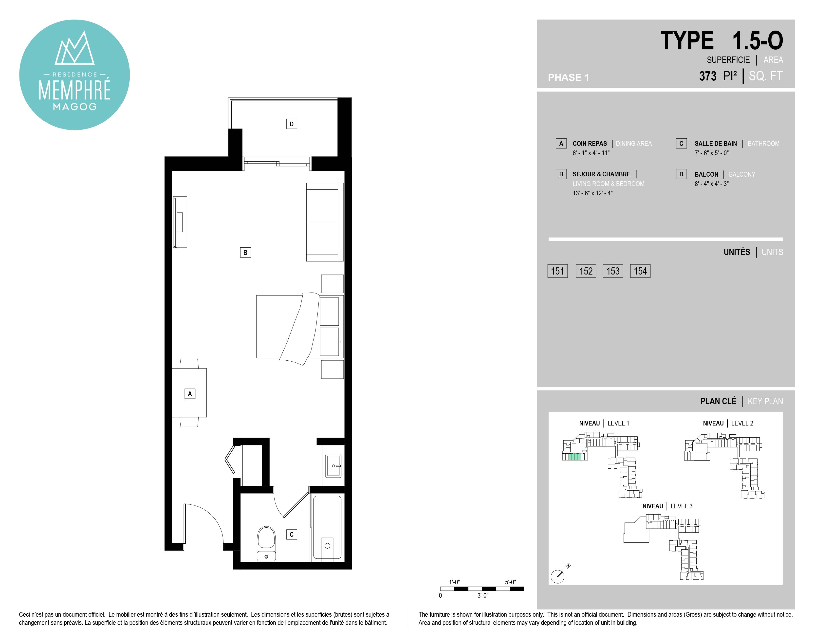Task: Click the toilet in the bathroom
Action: (x=266, y=543)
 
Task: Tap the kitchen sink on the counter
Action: (x=333, y=465)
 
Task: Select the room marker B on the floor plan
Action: (x=245, y=253)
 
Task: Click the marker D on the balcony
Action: (x=292, y=124)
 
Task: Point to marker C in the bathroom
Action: (x=292, y=534)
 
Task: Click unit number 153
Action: (x=613, y=271)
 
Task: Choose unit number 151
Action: (x=557, y=271)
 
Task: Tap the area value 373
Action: (x=708, y=76)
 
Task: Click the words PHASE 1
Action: (x=568, y=77)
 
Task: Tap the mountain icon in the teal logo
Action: (x=74, y=48)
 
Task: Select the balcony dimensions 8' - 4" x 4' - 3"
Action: (x=711, y=184)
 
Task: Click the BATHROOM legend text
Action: (x=763, y=144)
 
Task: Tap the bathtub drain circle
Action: (x=327, y=546)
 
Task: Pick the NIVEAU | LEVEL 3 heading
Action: (x=667, y=506)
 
